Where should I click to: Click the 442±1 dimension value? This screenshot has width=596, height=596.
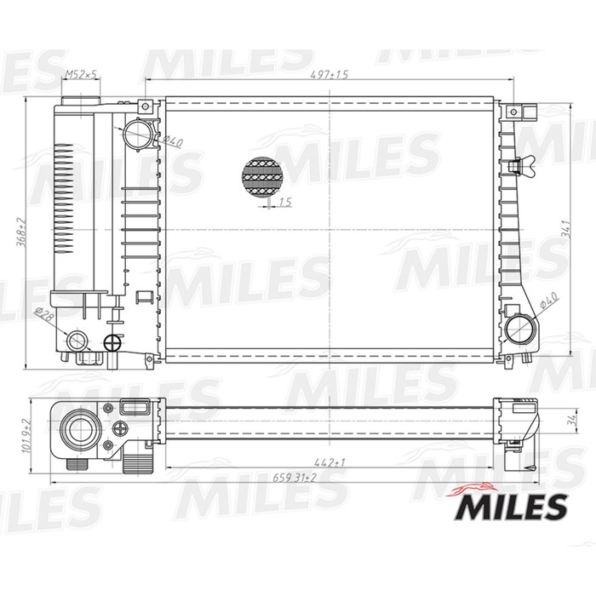(329, 461)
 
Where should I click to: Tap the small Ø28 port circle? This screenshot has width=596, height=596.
(77, 341)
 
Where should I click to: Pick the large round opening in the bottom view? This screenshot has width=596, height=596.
(80, 427)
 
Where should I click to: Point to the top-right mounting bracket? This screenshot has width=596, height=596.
(519, 112)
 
